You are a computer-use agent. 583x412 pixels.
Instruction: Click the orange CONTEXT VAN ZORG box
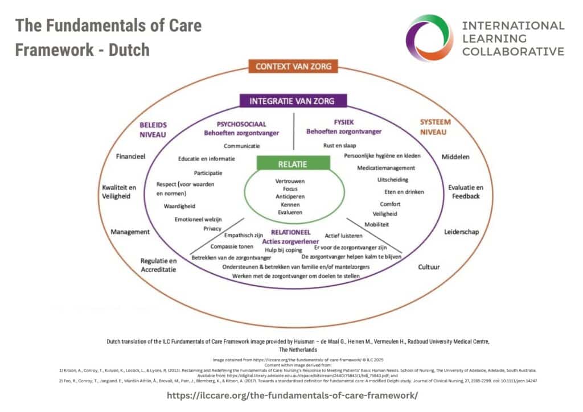(x=294, y=67)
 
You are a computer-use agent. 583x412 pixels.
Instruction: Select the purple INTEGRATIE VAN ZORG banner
(x=291, y=102)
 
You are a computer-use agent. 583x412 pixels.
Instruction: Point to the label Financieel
(x=130, y=156)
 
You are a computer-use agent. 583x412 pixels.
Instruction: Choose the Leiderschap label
(x=462, y=232)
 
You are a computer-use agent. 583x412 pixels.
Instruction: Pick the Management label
(x=130, y=232)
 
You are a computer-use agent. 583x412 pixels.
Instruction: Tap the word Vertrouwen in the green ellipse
(x=290, y=181)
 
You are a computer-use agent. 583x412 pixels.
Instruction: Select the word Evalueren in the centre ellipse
(x=290, y=212)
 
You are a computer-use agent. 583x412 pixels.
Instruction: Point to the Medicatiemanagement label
(x=386, y=168)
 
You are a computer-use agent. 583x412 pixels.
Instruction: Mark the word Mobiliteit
(x=376, y=224)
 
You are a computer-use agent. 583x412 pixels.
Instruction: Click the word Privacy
(x=212, y=229)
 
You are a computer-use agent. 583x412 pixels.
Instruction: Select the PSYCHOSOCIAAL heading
(x=241, y=123)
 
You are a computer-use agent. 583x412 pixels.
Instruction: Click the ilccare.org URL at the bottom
(x=292, y=394)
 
